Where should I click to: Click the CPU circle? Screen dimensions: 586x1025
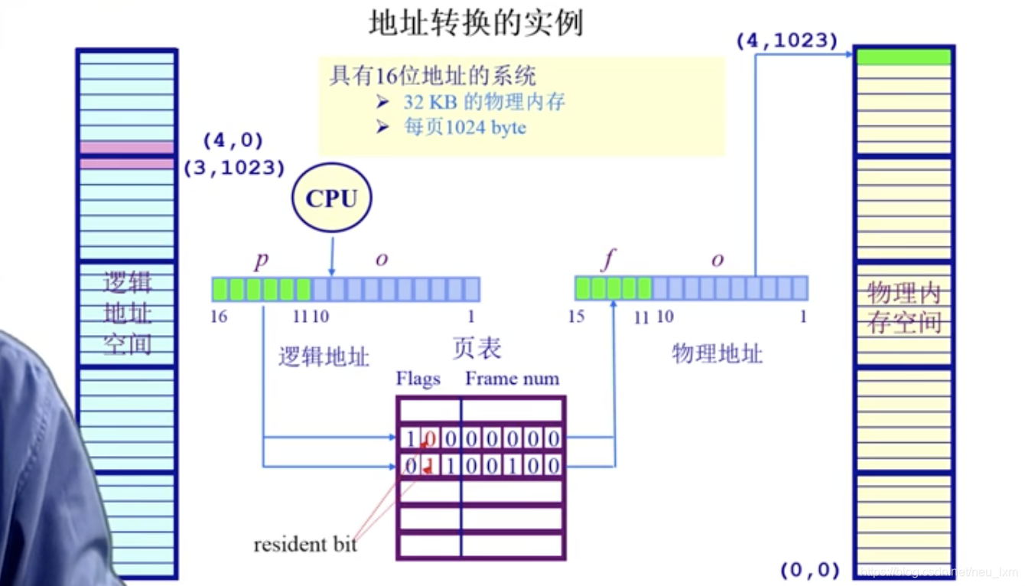click(331, 199)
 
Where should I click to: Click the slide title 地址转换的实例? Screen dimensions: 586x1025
click(476, 24)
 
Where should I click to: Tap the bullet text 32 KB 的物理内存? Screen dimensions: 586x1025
click(484, 102)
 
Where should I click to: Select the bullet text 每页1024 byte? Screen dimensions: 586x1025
click(464, 127)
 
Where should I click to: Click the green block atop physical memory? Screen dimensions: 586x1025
click(903, 57)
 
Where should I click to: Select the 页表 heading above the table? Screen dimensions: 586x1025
click(476, 348)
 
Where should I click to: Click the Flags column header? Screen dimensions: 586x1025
click(418, 379)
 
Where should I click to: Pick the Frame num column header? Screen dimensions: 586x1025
click(512, 379)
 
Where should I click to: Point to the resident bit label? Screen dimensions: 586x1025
click(305, 545)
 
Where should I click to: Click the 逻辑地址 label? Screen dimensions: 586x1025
click(324, 356)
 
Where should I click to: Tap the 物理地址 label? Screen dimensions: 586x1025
click(717, 353)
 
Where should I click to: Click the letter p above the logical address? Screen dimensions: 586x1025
click(262, 259)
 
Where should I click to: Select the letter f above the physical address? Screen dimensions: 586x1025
click(608, 260)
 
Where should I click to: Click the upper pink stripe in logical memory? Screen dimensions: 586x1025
click(127, 147)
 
